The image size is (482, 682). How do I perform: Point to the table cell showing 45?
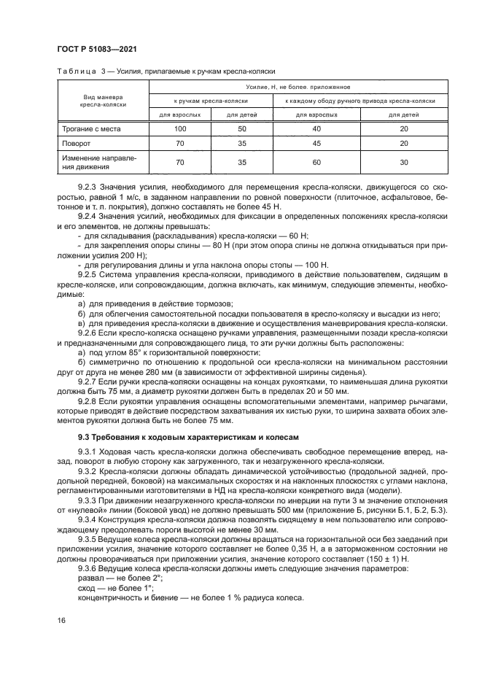316,144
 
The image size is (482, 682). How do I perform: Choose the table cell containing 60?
316,162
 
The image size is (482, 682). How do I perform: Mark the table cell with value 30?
404,162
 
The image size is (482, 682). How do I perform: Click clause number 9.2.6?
88,333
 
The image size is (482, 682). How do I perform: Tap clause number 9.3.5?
88,538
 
